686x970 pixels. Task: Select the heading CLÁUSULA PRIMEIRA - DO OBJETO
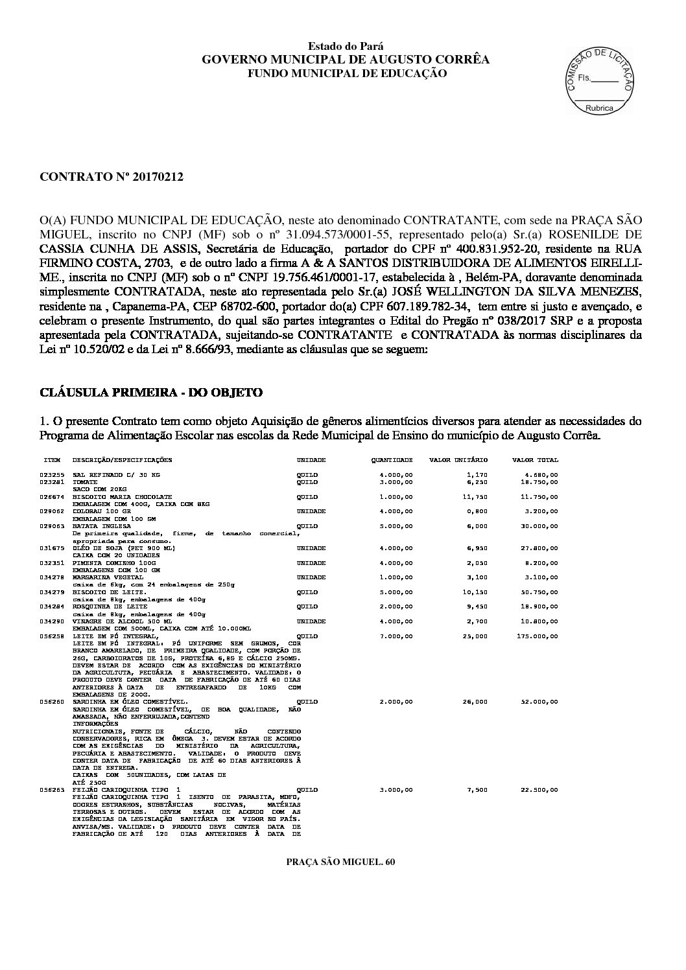(x=151, y=393)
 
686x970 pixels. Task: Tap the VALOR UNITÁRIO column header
(x=458, y=460)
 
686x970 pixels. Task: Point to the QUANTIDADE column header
(x=392, y=460)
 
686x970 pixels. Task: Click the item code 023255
(x=51, y=475)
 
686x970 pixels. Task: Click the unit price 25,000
(x=477, y=636)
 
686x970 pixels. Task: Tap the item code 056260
(x=51, y=702)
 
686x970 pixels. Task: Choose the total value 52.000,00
(x=539, y=702)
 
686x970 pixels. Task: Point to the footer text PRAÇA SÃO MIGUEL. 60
(x=340, y=862)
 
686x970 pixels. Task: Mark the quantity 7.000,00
(x=396, y=636)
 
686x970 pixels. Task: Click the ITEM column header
(x=52, y=460)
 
